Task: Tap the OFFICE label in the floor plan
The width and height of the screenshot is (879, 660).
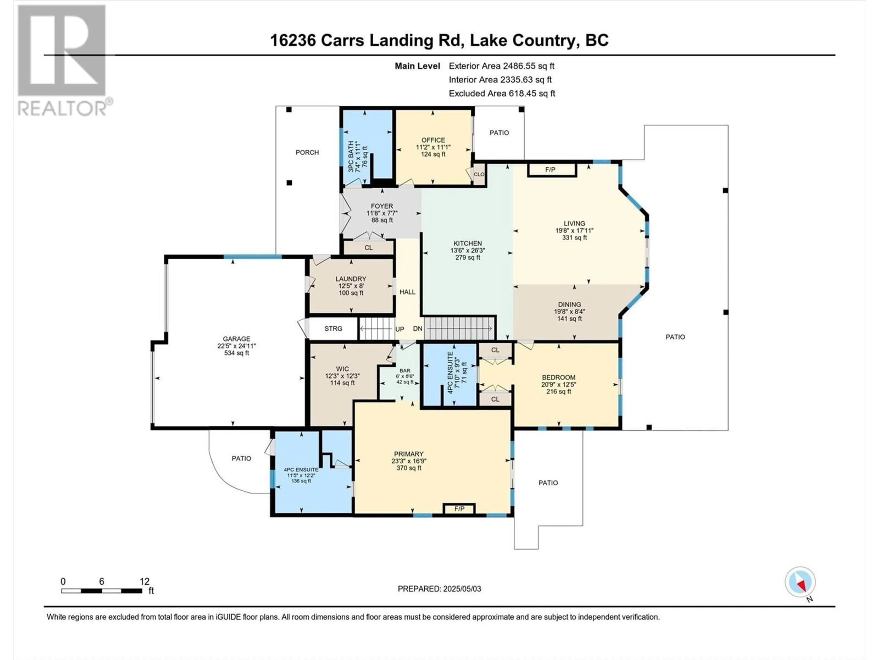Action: pyautogui.click(x=433, y=140)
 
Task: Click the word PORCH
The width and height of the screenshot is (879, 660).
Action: pyautogui.click(x=307, y=152)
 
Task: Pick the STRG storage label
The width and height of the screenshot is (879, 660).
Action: pyautogui.click(x=333, y=329)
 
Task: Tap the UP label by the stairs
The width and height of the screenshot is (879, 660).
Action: pyautogui.click(x=400, y=329)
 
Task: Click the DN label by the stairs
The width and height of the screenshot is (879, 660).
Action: pyautogui.click(x=418, y=329)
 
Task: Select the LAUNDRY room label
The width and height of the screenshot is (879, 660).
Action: pyautogui.click(x=350, y=279)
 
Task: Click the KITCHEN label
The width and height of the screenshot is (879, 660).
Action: pyautogui.click(x=468, y=243)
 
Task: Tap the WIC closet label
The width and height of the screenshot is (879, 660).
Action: pyautogui.click(x=342, y=369)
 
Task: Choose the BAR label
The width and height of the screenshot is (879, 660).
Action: pyautogui.click(x=405, y=370)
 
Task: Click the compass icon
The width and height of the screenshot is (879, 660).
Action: pyautogui.click(x=800, y=582)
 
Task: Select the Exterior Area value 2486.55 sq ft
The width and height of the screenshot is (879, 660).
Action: pyautogui.click(x=529, y=66)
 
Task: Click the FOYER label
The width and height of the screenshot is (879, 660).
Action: pyautogui.click(x=382, y=206)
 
